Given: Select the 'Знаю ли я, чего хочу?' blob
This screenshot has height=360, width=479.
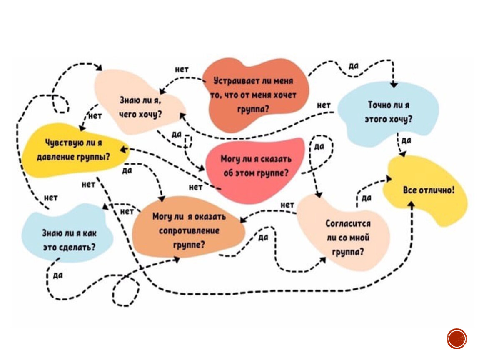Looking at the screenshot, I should (x=140, y=106).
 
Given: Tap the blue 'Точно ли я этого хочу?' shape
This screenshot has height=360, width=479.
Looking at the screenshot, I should (x=387, y=112).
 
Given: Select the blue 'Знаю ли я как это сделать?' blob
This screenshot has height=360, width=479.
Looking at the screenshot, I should (x=69, y=240).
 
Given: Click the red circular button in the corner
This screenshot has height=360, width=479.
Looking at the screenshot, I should (x=457, y=338).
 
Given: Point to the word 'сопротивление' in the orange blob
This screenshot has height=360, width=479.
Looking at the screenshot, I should (x=189, y=230).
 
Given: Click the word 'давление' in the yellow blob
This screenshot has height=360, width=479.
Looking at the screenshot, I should (x=55, y=157).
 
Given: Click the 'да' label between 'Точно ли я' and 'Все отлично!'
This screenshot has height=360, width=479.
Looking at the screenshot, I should (x=407, y=141).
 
